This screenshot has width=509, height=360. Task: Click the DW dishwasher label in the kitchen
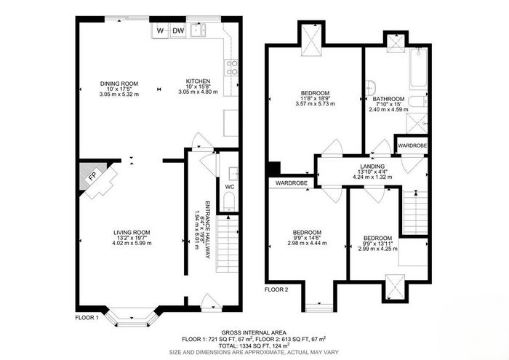pos(178,31)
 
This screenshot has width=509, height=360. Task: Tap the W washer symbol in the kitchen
pos(160,31)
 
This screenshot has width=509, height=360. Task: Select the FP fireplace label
pos(93,176)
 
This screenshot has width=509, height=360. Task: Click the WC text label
pos(230,187)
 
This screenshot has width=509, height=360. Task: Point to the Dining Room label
pos(119,84)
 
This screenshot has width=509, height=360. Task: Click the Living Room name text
pos(132,233)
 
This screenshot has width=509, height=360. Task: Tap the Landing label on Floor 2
pos(372,167)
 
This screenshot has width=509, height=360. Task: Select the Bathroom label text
pos(388,99)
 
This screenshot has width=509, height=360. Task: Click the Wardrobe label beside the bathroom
pos(412,145)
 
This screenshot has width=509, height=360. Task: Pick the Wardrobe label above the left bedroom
pos(291,183)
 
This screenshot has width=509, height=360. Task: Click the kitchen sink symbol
pos(199,31)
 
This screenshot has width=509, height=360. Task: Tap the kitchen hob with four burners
pos(232,68)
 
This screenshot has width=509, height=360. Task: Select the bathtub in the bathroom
pos(419,68)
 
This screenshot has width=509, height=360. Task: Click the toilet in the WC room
pos(229,201)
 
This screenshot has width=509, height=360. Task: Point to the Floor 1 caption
pos(87,318)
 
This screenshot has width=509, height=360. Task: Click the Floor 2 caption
pos(276,290)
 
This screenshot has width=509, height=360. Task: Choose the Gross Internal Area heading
pos(254,332)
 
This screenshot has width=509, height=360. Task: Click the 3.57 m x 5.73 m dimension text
pos(315,104)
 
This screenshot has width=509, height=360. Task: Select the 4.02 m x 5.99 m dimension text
pos(132,243)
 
